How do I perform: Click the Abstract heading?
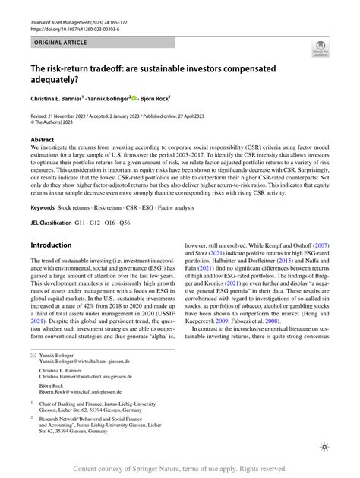[43, 140]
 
